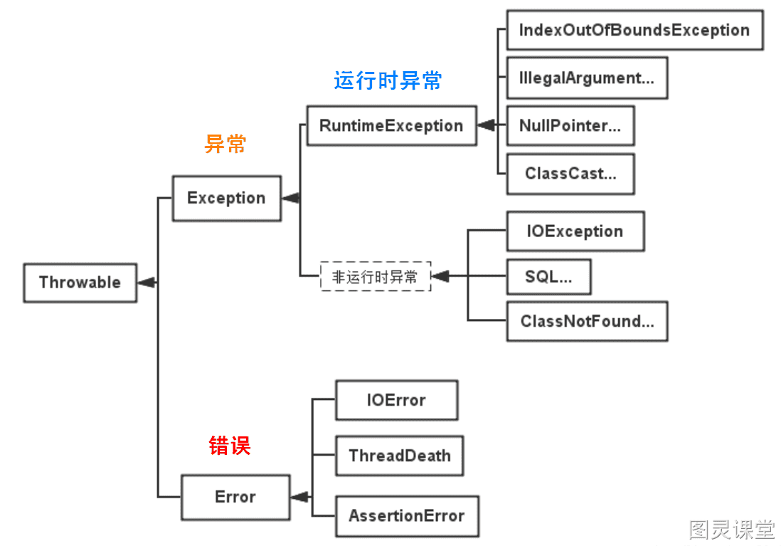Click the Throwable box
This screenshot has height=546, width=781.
tap(80, 283)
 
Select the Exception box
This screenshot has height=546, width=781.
tap(227, 198)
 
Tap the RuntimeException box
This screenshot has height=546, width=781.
tap(391, 126)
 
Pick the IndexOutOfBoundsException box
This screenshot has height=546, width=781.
tap(635, 30)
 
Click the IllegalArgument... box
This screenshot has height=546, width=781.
tap(588, 78)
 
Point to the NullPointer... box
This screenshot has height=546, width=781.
tap(570, 126)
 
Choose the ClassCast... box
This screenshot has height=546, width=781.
tap(570, 174)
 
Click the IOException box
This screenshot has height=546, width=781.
tap(575, 231)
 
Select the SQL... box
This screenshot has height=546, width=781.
tap(549, 276)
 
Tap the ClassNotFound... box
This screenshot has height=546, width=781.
tap(588, 321)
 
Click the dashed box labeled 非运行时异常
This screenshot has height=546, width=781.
tap(376, 276)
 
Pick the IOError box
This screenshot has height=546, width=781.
tap(396, 400)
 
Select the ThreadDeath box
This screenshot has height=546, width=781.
tap(400, 456)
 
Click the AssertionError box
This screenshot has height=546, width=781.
tap(407, 516)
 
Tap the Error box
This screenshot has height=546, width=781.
tap(235, 497)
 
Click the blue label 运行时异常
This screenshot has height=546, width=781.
tap(388, 80)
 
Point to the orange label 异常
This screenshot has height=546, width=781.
tap(225, 144)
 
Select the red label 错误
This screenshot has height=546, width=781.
tap(230, 446)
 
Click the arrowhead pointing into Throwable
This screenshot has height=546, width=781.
tap(147, 283)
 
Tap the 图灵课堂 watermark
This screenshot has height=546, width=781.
tap(732, 530)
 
